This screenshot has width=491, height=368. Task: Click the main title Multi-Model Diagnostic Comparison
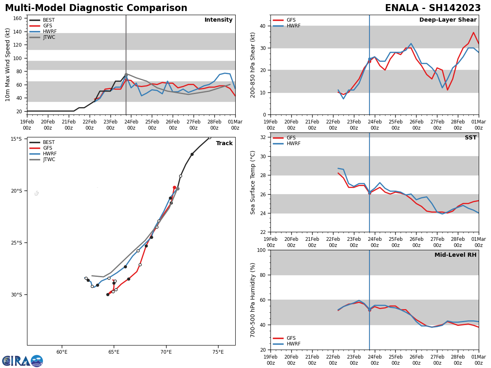[x=96, y=8]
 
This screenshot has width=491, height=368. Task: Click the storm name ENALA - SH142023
[x=433, y=8]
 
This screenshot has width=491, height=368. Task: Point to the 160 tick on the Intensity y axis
[x=18, y=18]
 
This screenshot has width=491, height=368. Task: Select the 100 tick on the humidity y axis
[x=260, y=250]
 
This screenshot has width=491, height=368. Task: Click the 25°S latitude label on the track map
[x=16, y=243]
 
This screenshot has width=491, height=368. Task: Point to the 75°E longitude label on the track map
[x=218, y=352]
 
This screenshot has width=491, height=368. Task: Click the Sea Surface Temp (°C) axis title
[x=253, y=182]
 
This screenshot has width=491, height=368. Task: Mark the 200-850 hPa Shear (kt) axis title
[x=253, y=65]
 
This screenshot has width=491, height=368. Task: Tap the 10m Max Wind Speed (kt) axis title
[x=8, y=65]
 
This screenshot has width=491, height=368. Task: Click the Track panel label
[x=224, y=144]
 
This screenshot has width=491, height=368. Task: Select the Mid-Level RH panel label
[x=455, y=255]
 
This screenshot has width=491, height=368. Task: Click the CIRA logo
[x=23, y=361]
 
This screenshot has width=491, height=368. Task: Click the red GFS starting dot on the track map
[x=174, y=188]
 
